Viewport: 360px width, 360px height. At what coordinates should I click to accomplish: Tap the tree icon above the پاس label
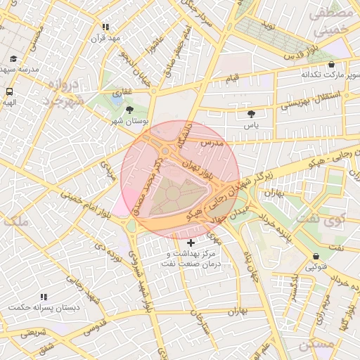(251, 113)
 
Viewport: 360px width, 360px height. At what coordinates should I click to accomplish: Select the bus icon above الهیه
(10, 91)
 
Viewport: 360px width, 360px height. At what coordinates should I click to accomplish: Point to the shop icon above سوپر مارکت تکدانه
(331, 64)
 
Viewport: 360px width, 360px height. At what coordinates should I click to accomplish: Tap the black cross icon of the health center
(191, 243)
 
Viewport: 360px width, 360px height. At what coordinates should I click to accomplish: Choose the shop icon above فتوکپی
(315, 256)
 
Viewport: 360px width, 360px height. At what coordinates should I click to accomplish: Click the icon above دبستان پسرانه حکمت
(44, 297)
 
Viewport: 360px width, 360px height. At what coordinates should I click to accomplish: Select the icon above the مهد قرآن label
(105, 27)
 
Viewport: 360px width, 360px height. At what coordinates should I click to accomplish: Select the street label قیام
(231, 75)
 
